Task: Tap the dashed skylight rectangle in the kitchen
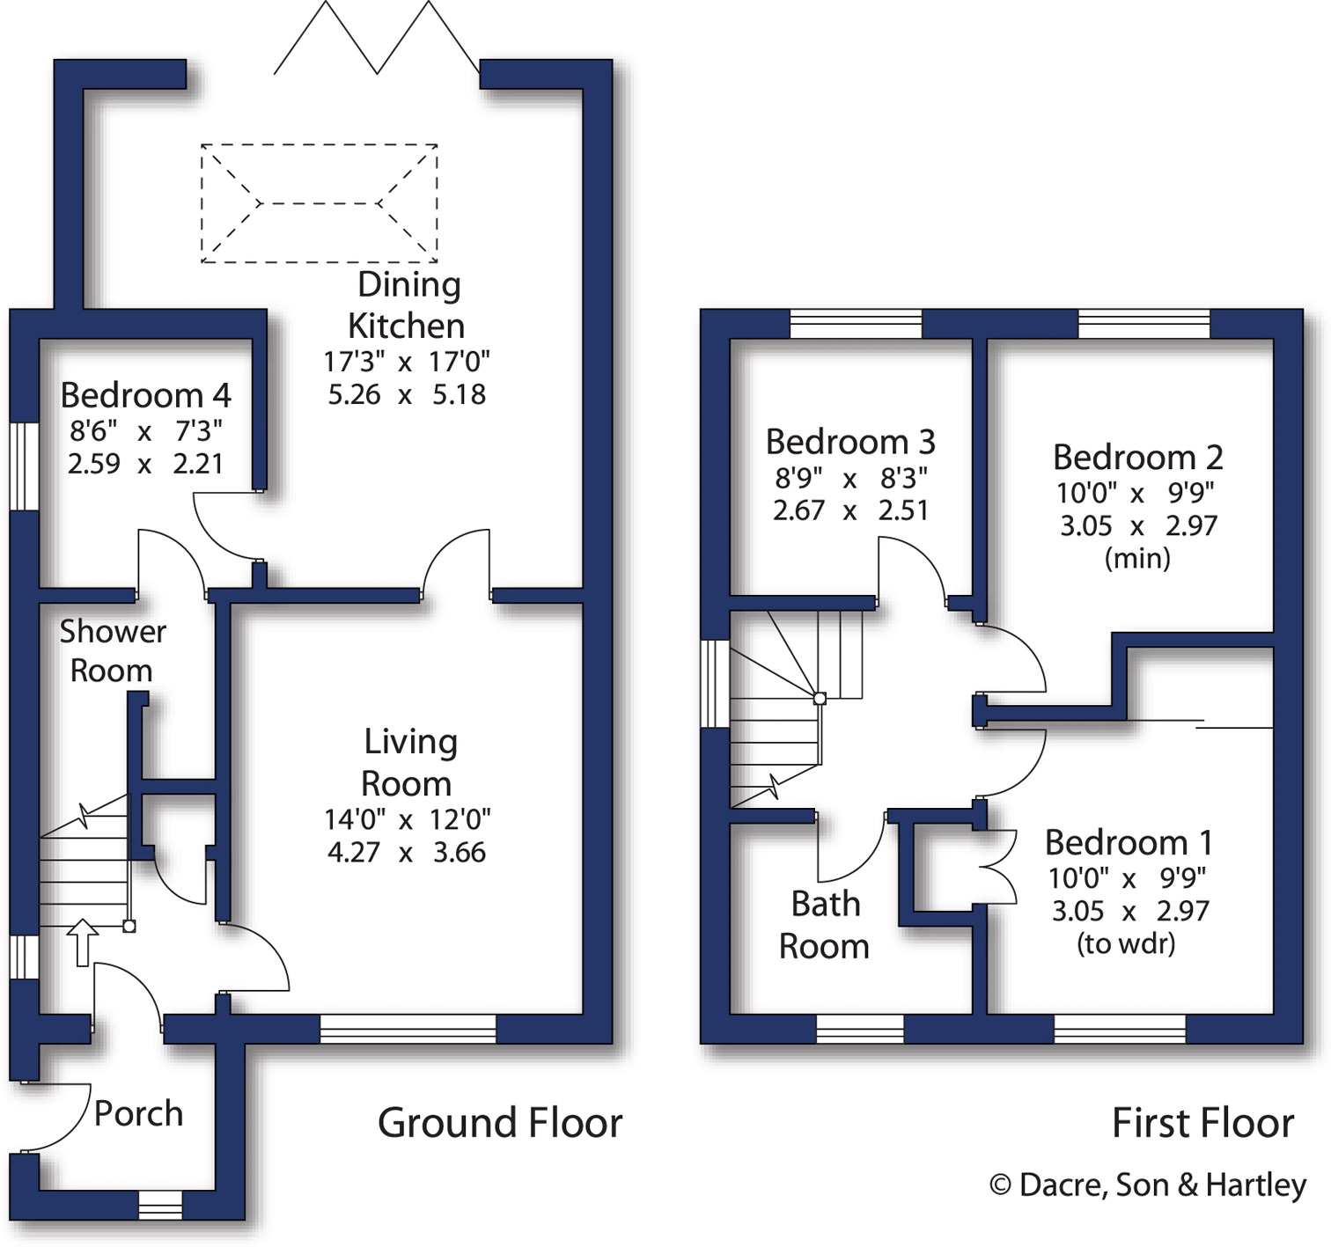pos(319,203)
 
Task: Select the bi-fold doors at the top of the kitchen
pos(377,39)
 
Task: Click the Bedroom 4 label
pos(145,396)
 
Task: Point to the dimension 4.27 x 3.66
pos(406,853)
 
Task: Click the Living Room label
pos(408,762)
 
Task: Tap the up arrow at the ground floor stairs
pos(83,942)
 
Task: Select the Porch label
pos(138,1114)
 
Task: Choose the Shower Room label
pos(112,651)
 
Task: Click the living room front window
pos(408,1029)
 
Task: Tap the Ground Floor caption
pos(499,1124)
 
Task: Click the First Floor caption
pos(1202,1124)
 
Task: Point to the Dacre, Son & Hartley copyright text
pos(1147,1185)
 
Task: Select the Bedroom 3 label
pos(849,442)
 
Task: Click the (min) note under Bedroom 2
pos(1137,559)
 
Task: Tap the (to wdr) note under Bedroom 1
pos(1126,944)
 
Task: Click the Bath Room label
pos(824,925)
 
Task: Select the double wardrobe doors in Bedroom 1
pos(996,867)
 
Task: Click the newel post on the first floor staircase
pos(820,698)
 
